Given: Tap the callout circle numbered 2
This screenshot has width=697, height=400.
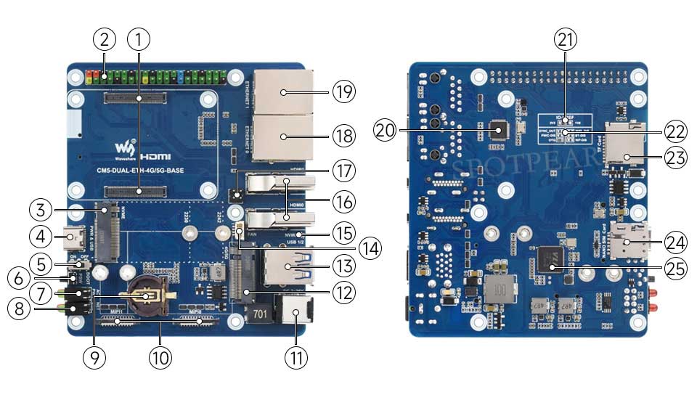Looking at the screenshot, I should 105,37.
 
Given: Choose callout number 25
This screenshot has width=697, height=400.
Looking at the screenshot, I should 676,269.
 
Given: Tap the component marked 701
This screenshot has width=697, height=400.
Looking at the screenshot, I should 260,314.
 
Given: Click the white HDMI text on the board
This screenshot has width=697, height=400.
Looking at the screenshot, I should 155,156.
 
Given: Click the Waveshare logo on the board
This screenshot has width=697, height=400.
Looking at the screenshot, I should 123,148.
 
